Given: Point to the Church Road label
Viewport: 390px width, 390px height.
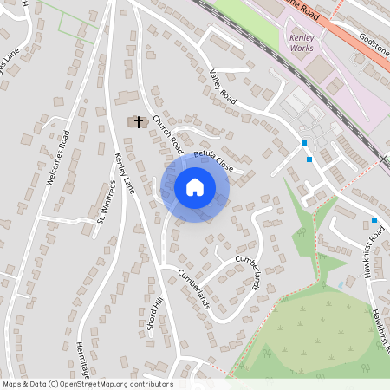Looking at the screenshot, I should point(166,131).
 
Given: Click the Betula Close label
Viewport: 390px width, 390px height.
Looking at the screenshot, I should point(214,159).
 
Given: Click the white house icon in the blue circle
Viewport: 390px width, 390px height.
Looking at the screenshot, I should point(195,187).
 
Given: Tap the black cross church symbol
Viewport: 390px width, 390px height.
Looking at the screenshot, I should point(138,122).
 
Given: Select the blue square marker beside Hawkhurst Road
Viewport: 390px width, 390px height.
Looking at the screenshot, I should point(374,220).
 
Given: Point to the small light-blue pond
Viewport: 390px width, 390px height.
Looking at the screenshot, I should point(341,284).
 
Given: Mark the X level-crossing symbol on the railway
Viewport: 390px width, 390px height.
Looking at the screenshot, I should point(383,159).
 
